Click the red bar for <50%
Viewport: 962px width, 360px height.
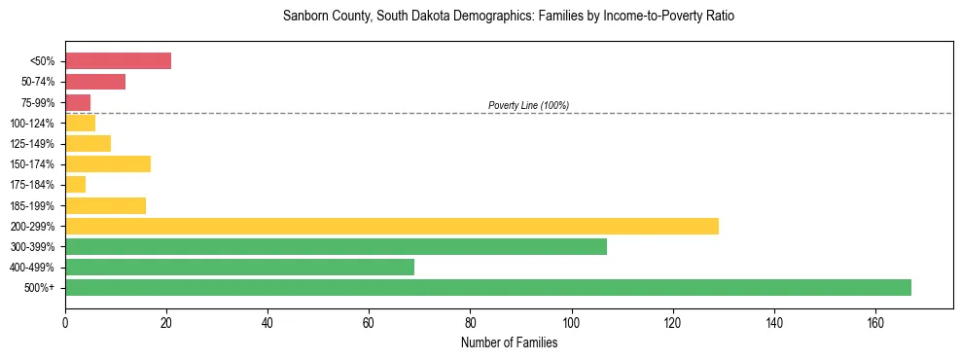pos(118,61)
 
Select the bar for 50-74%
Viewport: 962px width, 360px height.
pos(95,82)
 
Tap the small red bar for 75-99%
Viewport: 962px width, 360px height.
pos(78,102)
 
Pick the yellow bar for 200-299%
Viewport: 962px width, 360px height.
pos(391,226)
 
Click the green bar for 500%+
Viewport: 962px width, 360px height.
pos(487,287)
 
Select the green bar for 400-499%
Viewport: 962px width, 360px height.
pos(239,267)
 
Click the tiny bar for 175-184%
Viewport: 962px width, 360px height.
pos(75,184)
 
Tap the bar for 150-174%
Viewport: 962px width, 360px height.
pos(108,163)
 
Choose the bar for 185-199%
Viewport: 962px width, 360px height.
pos(105,205)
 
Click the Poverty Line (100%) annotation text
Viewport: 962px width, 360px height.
pos(528,105)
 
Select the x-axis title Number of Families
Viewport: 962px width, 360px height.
pos(509,342)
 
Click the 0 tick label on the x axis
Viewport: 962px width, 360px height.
pos(65,323)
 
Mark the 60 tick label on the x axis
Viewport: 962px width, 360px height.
pos(369,323)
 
